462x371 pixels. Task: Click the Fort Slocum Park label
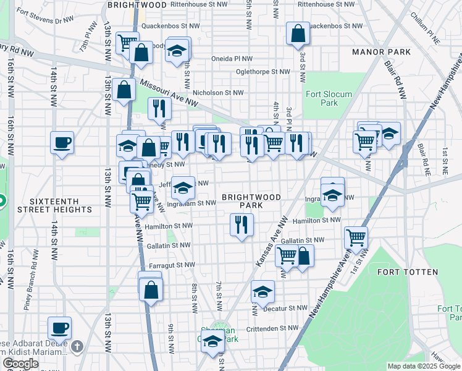tap(322, 98)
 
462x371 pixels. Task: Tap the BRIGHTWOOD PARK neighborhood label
tap(251, 201)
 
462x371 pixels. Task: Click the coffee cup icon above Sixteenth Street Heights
tap(62, 143)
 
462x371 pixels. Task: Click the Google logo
tap(20, 364)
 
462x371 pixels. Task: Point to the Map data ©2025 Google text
tap(423, 366)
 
